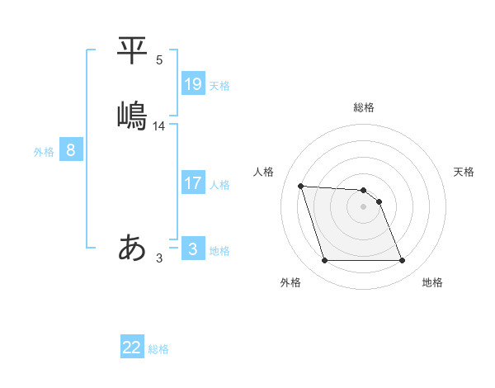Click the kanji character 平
pyautogui.click(x=133, y=50)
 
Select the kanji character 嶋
pyautogui.click(x=133, y=115)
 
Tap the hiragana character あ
pyautogui.click(x=133, y=247)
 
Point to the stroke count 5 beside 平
pyautogui.click(x=159, y=60)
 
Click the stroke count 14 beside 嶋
pyautogui.click(x=159, y=125)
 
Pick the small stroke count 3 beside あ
pyautogui.click(x=159, y=258)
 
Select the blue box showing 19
pyautogui.click(x=193, y=84)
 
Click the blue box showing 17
pyautogui.click(x=193, y=183)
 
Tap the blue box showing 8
pyautogui.click(x=71, y=150)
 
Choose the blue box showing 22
pyautogui.click(x=132, y=348)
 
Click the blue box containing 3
pyautogui.click(x=193, y=249)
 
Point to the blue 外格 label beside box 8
pyautogui.click(x=44, y=152)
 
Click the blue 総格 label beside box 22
pyautogui.click(x=158, y=349)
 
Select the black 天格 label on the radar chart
pyautogui.click(x=464, y=172)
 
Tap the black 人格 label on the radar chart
pyautogui.click(x=264, y=172)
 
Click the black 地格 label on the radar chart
pyautogui.click(x=432, y=282)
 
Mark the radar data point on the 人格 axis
pyautogui.click(x=300, y=186)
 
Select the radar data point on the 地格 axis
pyautogui.click(x=402, y=261)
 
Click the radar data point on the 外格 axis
pyautogui.click(x=324, y=261)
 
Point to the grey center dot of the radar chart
pyautogui.click(x=363, y=206)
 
